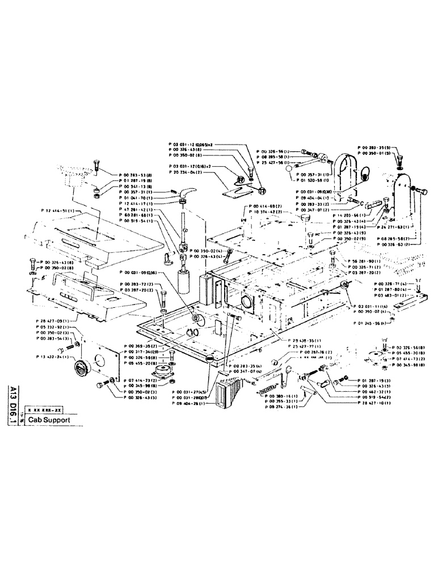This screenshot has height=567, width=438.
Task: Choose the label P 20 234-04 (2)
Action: (x=186, y=171)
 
